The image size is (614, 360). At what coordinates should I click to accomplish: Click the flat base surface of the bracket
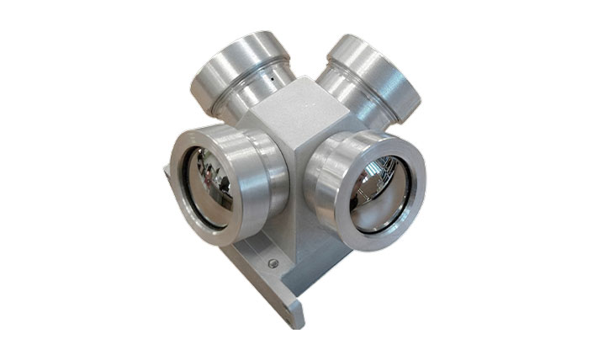[252, 269]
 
